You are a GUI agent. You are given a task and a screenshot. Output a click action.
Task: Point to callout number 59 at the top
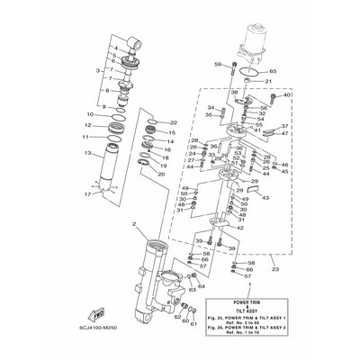(x=218, y=64)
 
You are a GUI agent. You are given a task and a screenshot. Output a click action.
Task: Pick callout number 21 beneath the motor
(x=267, y=81)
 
